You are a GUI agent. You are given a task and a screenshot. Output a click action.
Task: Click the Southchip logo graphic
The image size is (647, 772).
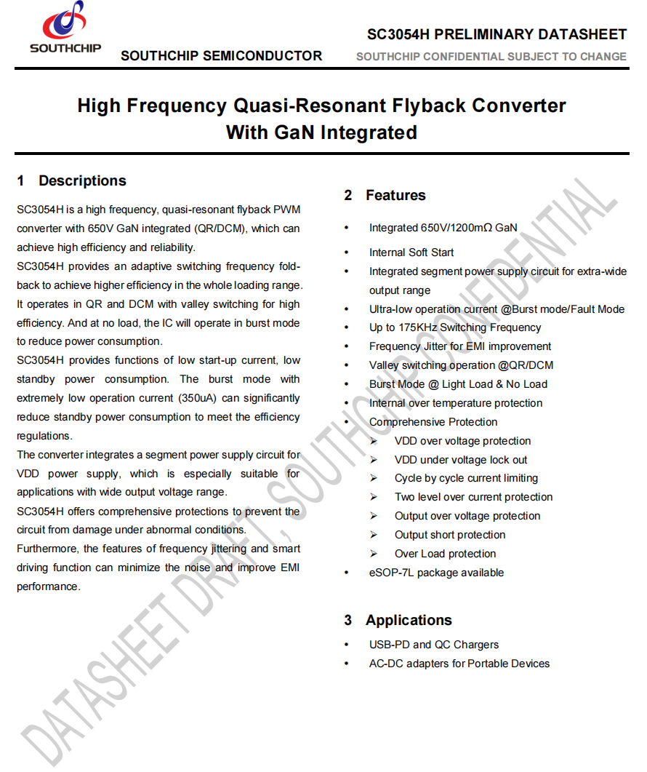[x=64, y=22]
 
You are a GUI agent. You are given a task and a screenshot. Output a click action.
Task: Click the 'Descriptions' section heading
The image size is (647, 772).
[x=82, y=181]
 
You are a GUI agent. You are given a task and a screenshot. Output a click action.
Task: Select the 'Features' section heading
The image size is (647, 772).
[x=395, y=196]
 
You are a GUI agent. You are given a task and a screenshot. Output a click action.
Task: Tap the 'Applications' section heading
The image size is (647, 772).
[x=409, y=621]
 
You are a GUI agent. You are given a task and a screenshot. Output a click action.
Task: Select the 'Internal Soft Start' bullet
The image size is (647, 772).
[x=411, y=252]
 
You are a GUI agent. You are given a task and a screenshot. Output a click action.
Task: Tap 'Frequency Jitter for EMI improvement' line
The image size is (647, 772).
[x=460, y=347]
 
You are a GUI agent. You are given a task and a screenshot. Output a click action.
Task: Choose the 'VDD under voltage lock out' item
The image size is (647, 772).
[x=461, y=461]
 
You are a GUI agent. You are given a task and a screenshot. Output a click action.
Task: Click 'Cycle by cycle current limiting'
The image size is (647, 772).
[x=466, y=479]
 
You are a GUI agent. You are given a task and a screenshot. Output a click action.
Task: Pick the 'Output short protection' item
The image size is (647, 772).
[x=450, y=536]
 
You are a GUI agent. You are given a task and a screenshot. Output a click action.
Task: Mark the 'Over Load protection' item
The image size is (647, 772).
[x=445, y=554]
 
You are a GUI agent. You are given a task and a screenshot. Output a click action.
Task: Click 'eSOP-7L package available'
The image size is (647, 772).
[x=436, y=573]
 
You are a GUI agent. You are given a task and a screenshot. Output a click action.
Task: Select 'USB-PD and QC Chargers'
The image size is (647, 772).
[x=434, y=645]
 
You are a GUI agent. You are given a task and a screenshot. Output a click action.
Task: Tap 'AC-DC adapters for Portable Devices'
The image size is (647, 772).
[x=459, y=664]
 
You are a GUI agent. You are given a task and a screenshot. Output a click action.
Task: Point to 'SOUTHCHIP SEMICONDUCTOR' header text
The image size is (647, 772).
[x=221, y=56]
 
